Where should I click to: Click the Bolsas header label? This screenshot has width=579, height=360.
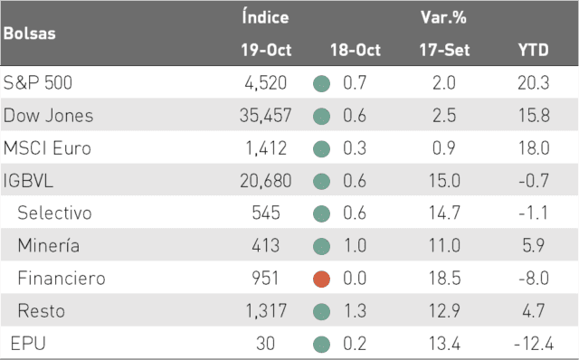click(30, 33)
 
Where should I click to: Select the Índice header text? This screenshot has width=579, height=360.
click(265, 16)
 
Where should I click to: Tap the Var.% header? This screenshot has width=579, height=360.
click(443, 17)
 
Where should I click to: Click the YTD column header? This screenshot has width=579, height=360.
click(533, 50)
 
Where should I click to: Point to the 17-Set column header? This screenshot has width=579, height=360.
click(444, 50)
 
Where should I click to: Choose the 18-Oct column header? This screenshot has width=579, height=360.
click(356, 50)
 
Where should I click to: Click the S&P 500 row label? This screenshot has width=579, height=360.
click(38, 82)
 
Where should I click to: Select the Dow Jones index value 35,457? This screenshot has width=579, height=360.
click(265, 116)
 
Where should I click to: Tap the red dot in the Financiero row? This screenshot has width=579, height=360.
click(322, 279)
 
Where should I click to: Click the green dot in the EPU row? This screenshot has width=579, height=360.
click(322, 345)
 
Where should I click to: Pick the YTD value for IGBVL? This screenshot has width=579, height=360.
click(534, 181)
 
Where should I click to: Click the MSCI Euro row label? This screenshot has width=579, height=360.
click(47, 148)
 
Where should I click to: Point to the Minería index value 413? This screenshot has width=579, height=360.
click(265, 246)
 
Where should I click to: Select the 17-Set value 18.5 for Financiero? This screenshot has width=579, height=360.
click(444, 279)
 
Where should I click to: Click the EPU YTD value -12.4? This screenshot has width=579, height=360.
click(534, 344)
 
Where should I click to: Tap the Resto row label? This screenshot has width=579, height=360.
click(42, 311)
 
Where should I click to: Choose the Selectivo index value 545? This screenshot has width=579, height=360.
click(266, 213)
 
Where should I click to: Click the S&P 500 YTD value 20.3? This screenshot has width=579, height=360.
click(534, 82)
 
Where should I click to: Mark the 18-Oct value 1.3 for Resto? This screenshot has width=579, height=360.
click(355, 311)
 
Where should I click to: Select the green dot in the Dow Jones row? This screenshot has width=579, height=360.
click(322, 117)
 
